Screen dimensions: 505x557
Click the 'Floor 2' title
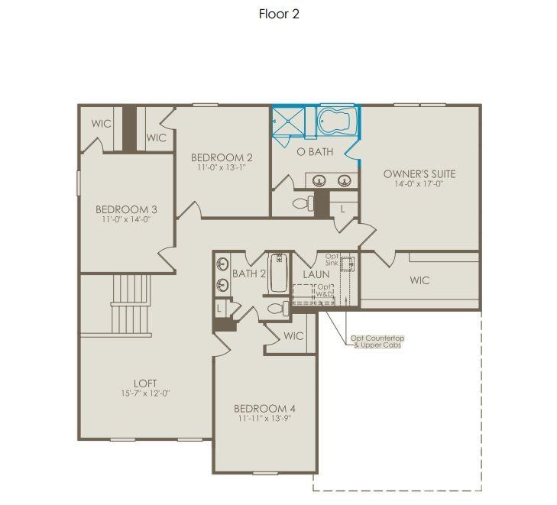pos(279,14)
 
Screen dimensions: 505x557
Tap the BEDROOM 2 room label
pos(222,158)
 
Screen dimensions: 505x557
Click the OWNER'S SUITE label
pos(419,174)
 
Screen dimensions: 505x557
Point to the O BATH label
pos(315,152)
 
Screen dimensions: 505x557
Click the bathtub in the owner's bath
pos(337,121)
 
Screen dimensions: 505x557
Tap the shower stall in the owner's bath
pos(289,122)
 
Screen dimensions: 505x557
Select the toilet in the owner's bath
pos(304,204)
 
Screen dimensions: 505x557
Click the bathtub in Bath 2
pos(278,274)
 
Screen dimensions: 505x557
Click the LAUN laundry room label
pos(316,274)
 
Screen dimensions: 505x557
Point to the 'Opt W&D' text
pos(325,290)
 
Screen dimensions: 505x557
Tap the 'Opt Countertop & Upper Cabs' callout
pos(377,342)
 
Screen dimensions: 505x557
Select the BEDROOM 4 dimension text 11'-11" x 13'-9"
pos(263,418)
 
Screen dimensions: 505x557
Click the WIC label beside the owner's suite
pos(419,280)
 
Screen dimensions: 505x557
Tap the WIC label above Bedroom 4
pos(293,336)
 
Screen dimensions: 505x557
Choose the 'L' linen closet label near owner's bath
pos(342,209)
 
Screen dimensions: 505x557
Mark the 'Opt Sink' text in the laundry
pos(332,259)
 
